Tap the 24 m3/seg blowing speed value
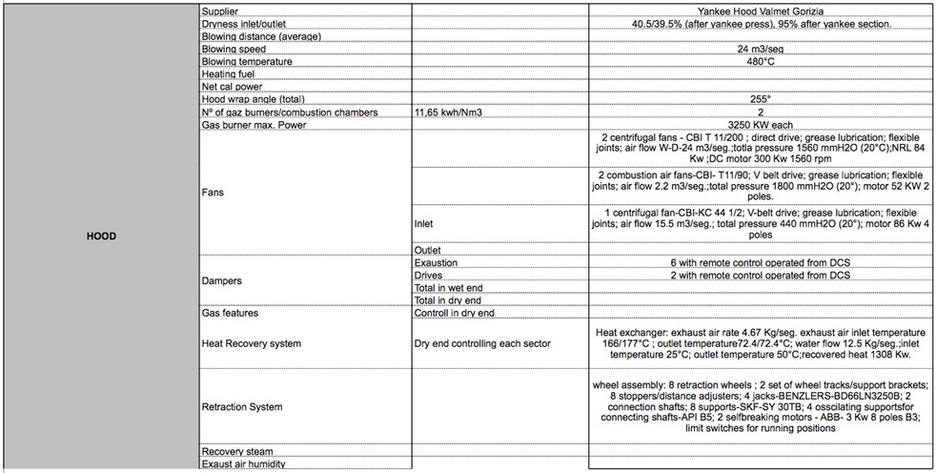[x=761, y=49]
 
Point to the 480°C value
[x=761, y=61]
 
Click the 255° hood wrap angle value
[x=761, y=98]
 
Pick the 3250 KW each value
[x=761, y=124]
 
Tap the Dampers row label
[x=222, y=281]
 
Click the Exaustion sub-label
[x=437, y=262]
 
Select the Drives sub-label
[x=429, y=275]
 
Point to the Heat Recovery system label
[x=252, y=342]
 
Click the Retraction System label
[x=242, y=407]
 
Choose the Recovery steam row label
[x=237, y=450]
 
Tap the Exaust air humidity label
[x=245, y=463]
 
